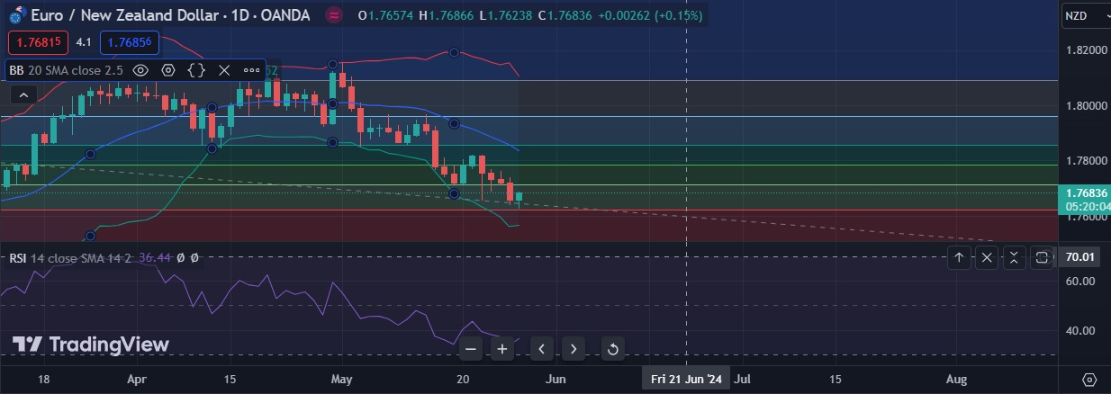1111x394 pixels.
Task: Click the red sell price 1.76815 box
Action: click(38, 42)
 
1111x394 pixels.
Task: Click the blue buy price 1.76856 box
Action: click(129, 42)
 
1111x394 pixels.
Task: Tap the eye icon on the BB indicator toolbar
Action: click(140, 70)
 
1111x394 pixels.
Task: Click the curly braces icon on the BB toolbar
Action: click(195, 70)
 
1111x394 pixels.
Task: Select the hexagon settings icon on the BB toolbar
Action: click(168, 70)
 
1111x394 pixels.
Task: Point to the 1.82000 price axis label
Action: click(1086, 50)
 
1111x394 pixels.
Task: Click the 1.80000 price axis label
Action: click(1086, 106)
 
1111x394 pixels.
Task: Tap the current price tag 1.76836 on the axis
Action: click(1086, 193)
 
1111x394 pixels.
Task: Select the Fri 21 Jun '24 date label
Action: click(687, 380)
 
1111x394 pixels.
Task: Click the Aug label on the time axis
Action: click(957, 380)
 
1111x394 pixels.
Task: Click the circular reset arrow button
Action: click(612, 349)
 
